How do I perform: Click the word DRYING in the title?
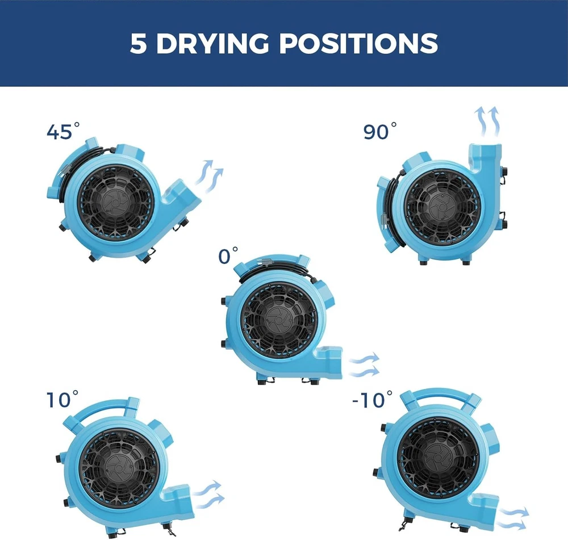click(x=212, y=44)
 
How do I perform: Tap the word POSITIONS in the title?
click(x=358, y=44)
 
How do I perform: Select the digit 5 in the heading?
click(x=138, y=44)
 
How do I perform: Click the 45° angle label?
click(x=63, y=131)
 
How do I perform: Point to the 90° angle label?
click(x=380, y=131)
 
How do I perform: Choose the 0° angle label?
click(x=228, y=256)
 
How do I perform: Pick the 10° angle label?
click(x=62, y=399)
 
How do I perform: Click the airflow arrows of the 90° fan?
click(x=487, y=122)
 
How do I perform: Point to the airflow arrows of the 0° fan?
click(x=364, y=365)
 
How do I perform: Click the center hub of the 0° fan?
click(x=279, y=319)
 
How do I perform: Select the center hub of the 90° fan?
click(x=442, y=207)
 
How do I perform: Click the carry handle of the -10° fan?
click(x=440, y=394)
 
